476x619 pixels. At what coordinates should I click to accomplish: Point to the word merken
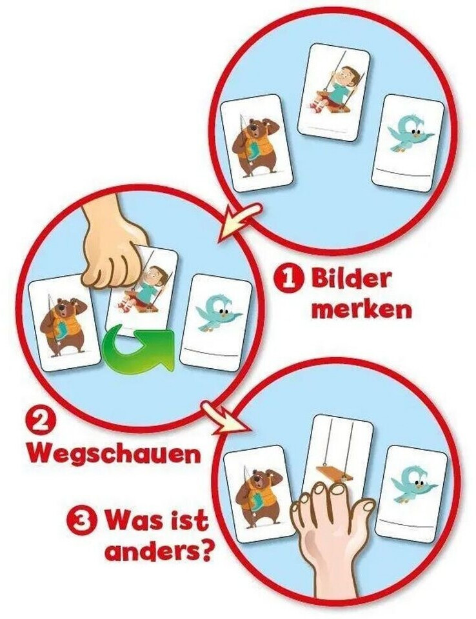coord(361,311)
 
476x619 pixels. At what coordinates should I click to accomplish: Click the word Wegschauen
coord(114,455)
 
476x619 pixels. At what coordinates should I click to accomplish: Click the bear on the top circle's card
coord(255,148)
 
